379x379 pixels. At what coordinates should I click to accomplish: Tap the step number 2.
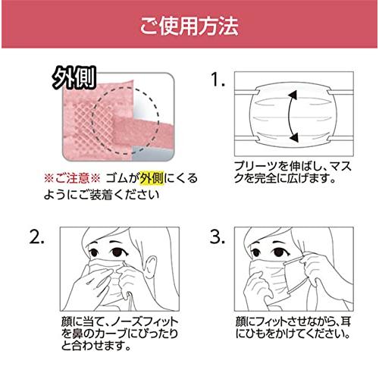(x=39, y=237)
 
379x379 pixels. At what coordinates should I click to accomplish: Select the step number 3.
(x=218, y=237)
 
